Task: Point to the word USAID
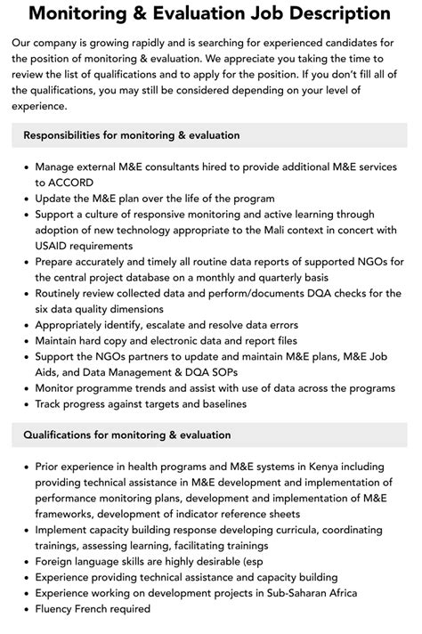55,246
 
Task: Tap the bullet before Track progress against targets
22,404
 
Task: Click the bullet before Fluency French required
22,609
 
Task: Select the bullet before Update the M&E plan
22,198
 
